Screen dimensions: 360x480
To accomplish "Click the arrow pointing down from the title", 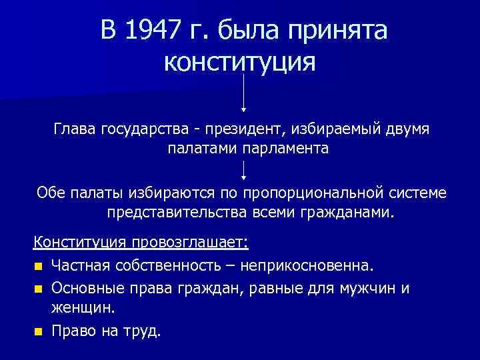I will (244, 93).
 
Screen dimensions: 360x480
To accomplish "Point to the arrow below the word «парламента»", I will (244, 170).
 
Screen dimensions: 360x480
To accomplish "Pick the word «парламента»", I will (289, 148).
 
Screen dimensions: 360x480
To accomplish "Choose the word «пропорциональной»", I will (305, 193).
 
